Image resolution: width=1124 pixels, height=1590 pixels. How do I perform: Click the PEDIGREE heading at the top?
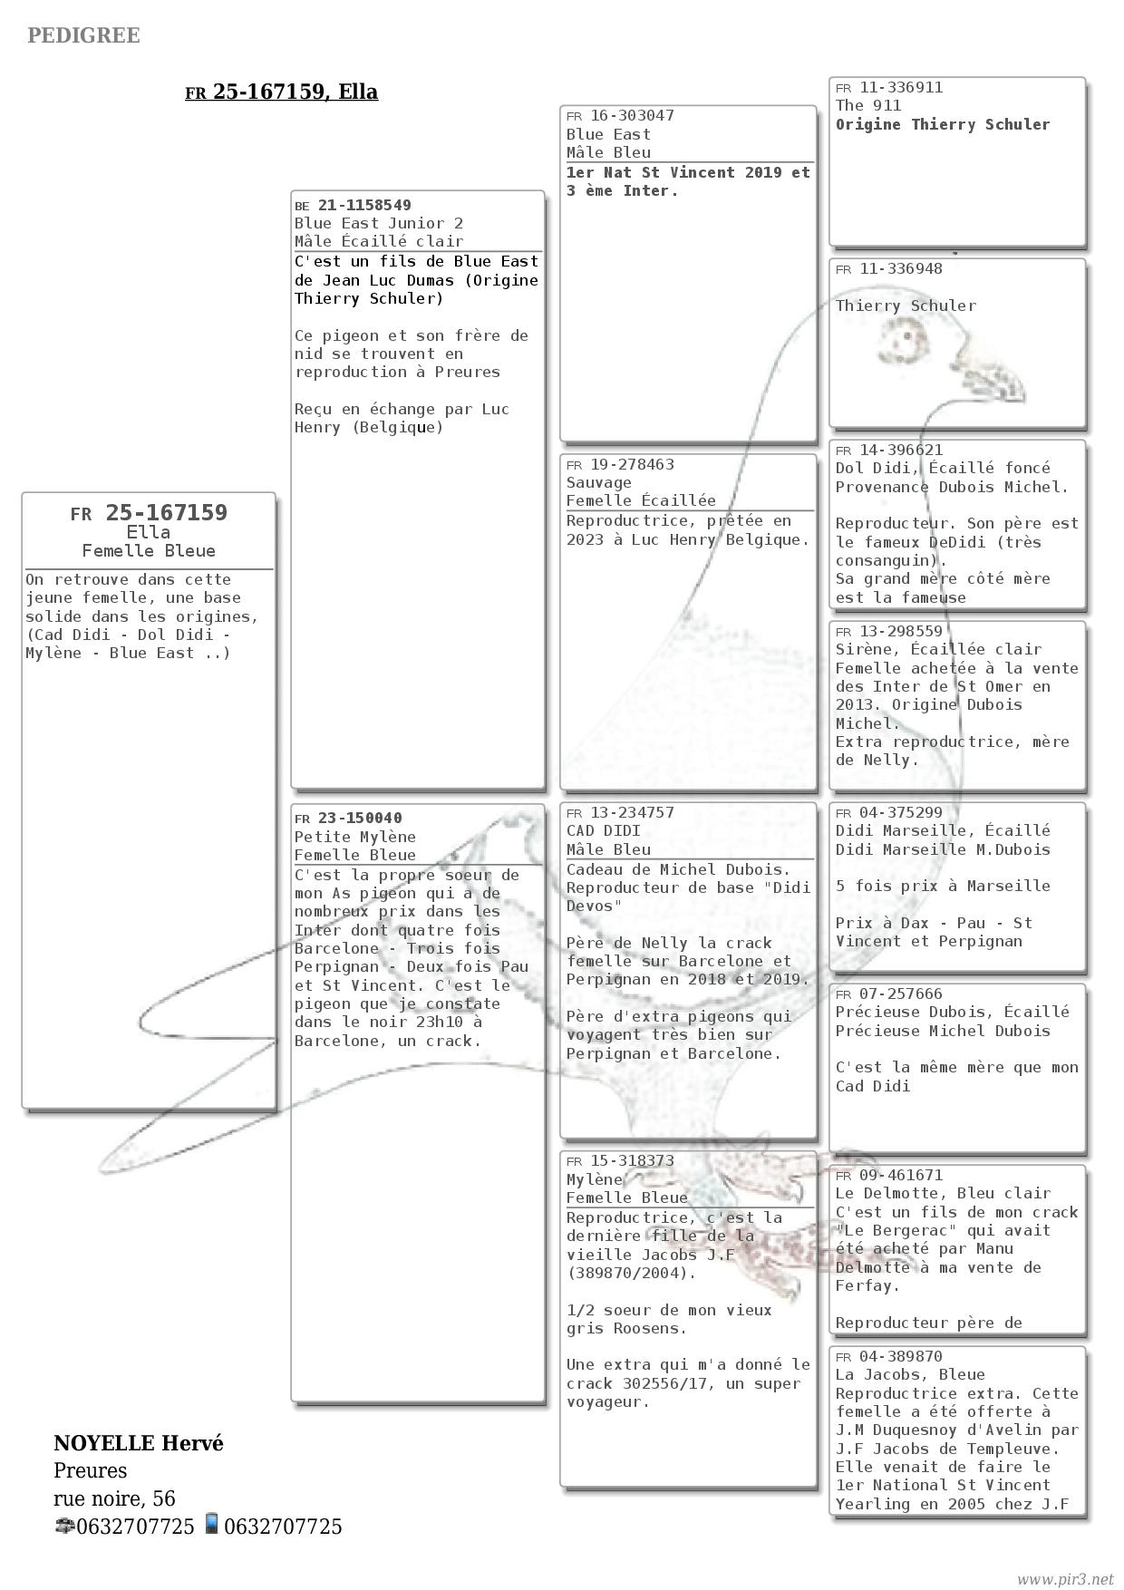coord(83,35)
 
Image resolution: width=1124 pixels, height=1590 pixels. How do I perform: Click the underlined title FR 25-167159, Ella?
coord(281,92)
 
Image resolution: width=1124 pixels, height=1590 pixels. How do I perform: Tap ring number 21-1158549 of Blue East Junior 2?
coord(364,205)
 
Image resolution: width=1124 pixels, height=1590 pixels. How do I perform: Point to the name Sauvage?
coord(599,482)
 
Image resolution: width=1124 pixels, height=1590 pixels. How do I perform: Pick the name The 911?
coord(868,105)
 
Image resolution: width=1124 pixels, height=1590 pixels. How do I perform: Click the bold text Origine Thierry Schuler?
coord(943,124)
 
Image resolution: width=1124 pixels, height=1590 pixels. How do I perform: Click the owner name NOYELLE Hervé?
coord(139,1443)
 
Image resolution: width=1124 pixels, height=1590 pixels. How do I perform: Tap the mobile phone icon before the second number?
coord(211,1524)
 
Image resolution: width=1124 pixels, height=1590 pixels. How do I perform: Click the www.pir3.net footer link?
coord(1064,1579)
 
